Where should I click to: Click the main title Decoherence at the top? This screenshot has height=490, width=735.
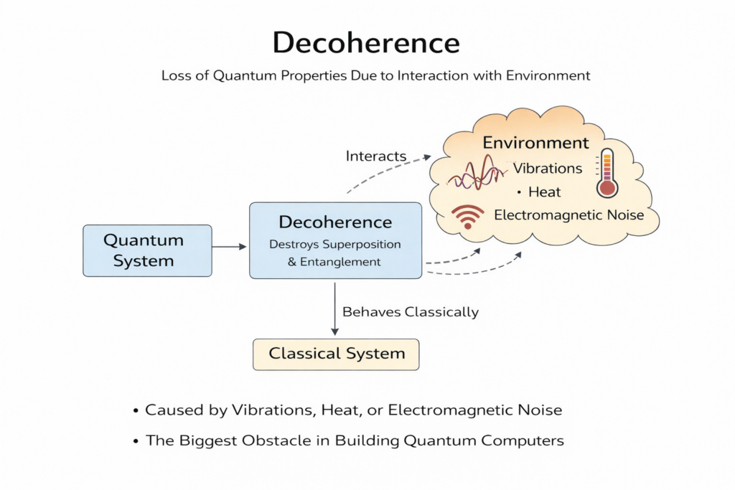pos(366,44)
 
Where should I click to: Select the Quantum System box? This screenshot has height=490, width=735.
pos(147,250)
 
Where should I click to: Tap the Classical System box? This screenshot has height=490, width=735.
pos(336,354)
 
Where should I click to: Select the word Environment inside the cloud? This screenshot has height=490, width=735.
pos(535,143)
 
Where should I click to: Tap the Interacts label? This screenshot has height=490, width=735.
pos(376,156)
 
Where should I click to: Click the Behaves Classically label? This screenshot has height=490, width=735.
pos(411,312)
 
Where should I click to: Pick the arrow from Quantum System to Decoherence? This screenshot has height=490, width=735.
pos(230,247)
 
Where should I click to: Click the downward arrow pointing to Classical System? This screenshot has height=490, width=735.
pos(334,308)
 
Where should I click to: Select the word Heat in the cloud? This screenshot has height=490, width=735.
pos(544,192)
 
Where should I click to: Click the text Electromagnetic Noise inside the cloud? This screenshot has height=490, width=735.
pos(569,215)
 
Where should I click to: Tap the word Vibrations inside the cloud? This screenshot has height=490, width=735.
pos(548,169)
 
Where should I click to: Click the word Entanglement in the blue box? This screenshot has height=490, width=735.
pos(341,263)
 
